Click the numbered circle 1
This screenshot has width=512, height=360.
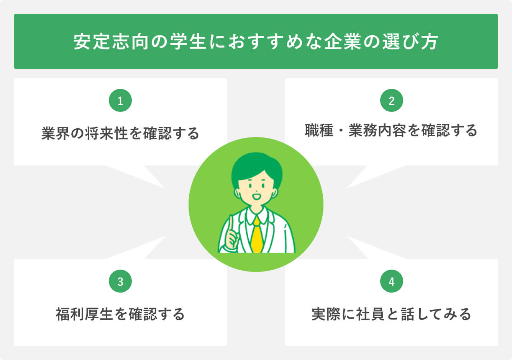120,101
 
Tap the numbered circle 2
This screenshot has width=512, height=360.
392,101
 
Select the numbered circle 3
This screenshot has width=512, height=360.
120,281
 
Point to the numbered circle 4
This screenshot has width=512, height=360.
392,281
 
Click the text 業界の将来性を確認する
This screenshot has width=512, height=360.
120,134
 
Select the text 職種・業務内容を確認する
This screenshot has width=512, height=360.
391,131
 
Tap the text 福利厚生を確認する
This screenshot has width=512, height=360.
120,314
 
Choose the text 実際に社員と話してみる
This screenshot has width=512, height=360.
391,314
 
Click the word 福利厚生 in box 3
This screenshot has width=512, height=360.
84,314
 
